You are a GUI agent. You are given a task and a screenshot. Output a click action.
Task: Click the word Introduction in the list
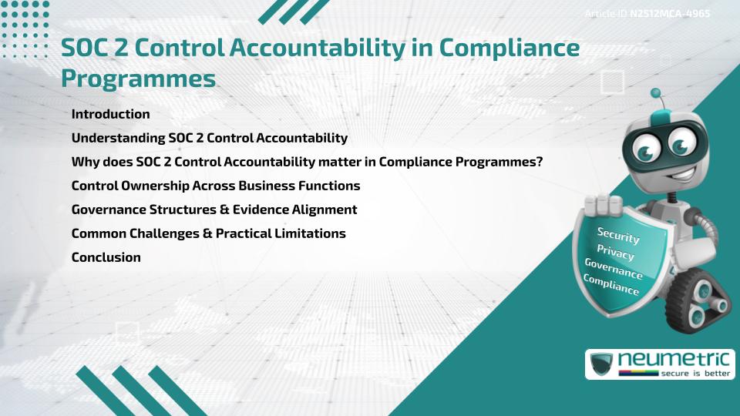tap(110, 114)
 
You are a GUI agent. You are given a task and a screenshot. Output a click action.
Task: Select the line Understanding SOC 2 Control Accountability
tap(209, 138)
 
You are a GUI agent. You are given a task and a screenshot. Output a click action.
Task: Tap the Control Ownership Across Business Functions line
tap(215, 186)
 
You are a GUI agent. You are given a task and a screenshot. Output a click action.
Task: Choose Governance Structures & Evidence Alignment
tap(214, 210)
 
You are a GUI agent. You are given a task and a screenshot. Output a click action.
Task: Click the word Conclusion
tap(106, 257)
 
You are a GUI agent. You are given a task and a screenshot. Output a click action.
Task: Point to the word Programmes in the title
tap(138, 79)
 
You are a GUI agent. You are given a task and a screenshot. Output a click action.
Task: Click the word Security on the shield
tap(618, 235)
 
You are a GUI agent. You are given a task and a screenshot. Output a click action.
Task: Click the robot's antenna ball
tap(656, 94)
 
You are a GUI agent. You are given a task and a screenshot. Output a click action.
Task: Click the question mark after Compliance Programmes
tap(550, 162)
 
